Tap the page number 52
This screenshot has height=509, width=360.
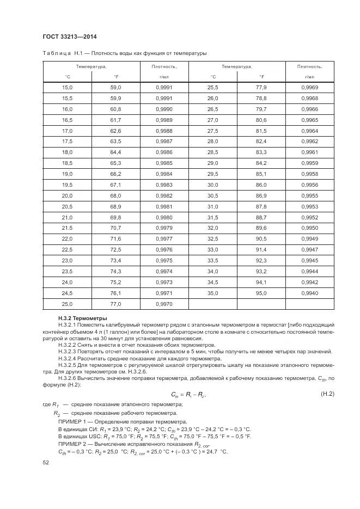click(46, 463)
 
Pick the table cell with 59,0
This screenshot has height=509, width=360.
click(115, 88)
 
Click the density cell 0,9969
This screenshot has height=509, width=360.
click(309, 88)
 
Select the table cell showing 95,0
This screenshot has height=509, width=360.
click(261, 293)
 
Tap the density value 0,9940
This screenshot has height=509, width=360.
click(309, 293)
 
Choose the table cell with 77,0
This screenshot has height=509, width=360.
click(115, 304)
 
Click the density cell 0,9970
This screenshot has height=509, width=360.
click(164, 304)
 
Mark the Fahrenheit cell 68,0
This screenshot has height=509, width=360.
click(115, 195)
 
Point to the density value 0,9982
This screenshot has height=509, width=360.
click(164, 195)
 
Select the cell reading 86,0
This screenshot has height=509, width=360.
click(261, 185)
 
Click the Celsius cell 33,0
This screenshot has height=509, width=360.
click(212, 249)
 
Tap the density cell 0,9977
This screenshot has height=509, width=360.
click(164, 238)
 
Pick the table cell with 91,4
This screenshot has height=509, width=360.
click(261, 249)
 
